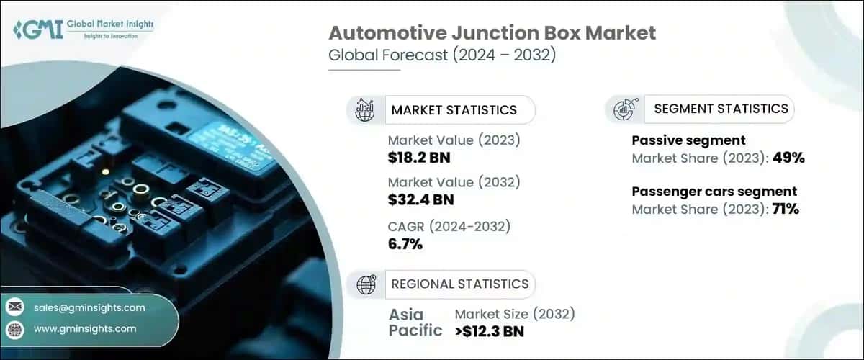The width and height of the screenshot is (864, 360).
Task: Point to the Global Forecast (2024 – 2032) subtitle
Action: (442, 56)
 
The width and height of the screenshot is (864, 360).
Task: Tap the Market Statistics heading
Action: (454, 110)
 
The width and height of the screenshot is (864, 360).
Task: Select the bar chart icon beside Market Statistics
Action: (365, 110)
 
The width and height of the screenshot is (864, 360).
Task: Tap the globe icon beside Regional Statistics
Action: (366, 284)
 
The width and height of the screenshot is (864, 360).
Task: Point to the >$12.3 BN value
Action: (490, 331)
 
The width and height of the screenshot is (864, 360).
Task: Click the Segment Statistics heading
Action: (721, 109)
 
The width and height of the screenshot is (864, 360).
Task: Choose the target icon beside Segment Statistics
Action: (623, 109)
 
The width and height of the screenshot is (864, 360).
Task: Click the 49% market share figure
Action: (788, 158)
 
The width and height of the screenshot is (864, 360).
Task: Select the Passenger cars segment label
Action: (714, 192)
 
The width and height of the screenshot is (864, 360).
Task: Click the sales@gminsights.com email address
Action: (89, 307)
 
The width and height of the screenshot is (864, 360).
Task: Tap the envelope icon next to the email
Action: (15, 307)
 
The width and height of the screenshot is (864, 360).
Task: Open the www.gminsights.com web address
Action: (85, 329)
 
